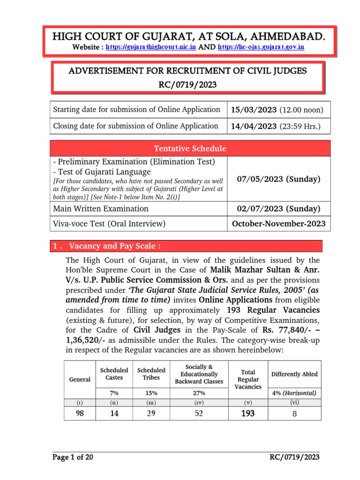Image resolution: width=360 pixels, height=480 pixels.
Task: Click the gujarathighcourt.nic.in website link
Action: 151,47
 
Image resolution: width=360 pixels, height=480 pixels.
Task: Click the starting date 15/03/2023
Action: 255,110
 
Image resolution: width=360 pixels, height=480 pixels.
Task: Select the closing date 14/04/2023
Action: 255,126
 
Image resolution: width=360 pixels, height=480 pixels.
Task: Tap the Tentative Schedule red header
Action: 190,149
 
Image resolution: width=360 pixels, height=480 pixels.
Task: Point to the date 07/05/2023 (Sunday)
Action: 278,180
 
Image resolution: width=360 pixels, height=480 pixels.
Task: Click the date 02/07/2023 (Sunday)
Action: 278,209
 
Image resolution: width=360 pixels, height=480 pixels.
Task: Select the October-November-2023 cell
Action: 278,224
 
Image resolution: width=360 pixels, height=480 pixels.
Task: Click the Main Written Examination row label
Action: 101,209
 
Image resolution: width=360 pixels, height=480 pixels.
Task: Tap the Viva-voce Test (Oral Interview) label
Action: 110,224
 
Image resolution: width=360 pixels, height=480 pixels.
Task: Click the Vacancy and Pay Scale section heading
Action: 112,247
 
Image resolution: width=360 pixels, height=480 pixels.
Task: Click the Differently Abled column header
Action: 294,374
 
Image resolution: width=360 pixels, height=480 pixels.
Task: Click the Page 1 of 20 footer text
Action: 73,458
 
